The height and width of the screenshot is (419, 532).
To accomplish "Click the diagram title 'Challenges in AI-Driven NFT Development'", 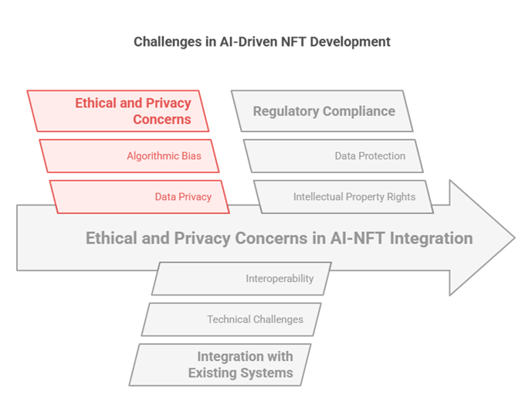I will [x=263, y=42].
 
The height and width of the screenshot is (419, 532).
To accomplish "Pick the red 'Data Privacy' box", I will [x=140, y=196].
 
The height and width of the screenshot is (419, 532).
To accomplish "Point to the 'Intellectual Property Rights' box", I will [x=344, y=196].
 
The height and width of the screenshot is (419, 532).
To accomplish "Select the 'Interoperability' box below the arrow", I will [x=242, y=278].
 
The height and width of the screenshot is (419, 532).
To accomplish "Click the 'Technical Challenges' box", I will [x=232, y=319].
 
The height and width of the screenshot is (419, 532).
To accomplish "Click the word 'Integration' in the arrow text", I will [x=432, y=238].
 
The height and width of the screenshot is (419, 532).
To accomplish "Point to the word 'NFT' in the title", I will [x=297, y=42].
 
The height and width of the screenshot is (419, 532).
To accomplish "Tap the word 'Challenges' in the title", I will [x=165, y=42].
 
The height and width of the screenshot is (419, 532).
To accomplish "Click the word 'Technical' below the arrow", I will [x=229, y=319].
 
